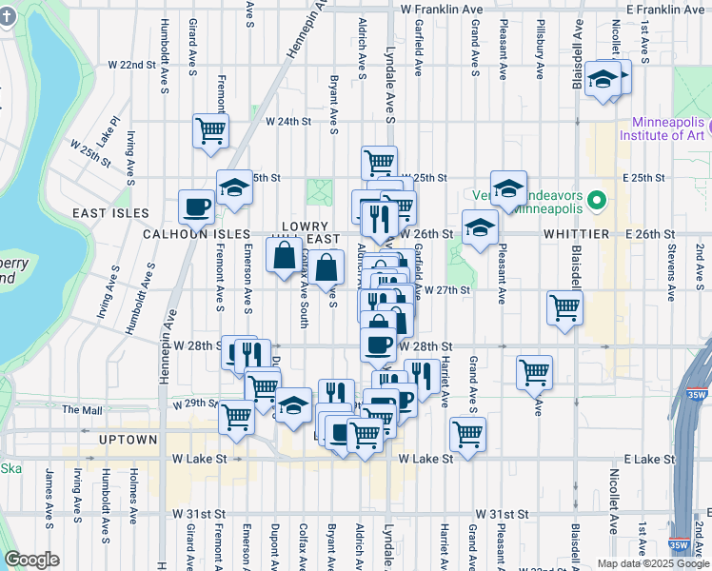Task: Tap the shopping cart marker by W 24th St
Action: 210,130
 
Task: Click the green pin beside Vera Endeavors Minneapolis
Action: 597,201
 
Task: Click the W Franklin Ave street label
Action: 442,9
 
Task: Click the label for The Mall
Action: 82,410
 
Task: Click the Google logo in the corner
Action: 32,560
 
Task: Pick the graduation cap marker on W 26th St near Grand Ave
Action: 480,228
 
